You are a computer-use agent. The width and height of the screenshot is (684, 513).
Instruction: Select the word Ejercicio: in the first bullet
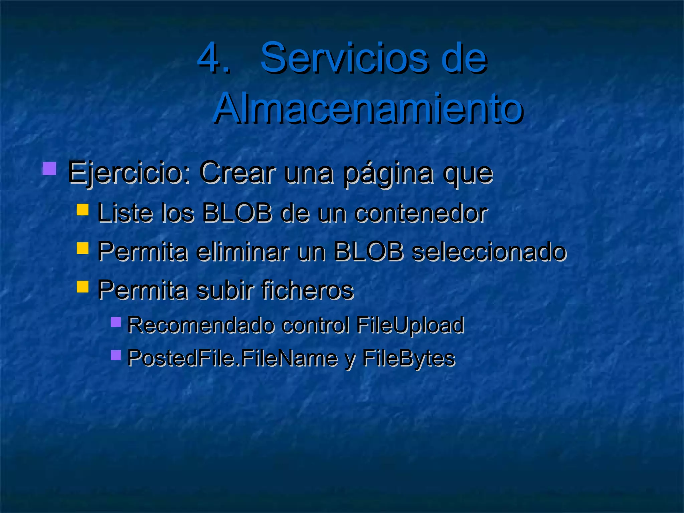[129, 173]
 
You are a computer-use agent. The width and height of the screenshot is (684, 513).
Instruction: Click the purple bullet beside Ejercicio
[49, 169]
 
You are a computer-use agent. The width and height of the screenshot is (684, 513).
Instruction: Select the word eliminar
[242, 251]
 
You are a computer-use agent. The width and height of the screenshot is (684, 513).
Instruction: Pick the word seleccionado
[489, 251]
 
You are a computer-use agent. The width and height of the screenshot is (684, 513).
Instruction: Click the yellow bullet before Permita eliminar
[82, 248]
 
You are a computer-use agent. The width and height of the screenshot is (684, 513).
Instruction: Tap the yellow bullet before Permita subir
[82, 287]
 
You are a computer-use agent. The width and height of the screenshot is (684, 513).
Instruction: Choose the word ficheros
[307, 290]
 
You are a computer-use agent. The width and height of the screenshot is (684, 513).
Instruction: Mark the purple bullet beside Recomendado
[116, 322]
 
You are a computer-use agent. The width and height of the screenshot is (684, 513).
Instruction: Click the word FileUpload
[410, 325]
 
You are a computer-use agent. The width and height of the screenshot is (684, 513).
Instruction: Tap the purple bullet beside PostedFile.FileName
[116, 355]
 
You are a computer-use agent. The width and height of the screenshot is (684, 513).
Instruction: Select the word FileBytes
[408, 358]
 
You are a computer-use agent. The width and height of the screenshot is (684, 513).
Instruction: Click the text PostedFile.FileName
[232, 358]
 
